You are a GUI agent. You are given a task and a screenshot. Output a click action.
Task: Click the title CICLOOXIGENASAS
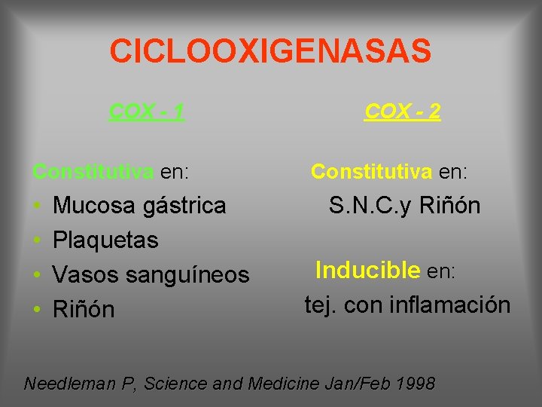tap(270, 51)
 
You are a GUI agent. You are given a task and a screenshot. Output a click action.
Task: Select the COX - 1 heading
tap(146, 112)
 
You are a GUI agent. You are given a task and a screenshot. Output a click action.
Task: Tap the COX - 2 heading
tap(402, 112)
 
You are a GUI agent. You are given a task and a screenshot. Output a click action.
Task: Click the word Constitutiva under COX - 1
tap(93, 172)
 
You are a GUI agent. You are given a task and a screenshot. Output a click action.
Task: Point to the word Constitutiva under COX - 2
tap(371, 172)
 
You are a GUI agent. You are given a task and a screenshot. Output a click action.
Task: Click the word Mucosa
tap(95, 205)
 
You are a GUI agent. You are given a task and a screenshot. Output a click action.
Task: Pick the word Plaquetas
tap(105, 240)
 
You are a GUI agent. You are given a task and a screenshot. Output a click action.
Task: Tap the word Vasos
tap(84, 275)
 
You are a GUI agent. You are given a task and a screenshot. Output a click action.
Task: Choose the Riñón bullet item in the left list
tap(84, 309)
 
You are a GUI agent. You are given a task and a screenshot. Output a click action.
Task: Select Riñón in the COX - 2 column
tap(449, 206)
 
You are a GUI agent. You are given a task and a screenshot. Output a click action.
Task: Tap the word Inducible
tap(367, 270)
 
